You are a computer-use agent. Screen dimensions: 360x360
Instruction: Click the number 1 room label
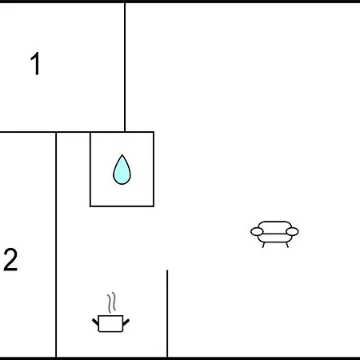coord(35,63)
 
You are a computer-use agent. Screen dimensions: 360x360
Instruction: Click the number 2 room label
coord(10,260)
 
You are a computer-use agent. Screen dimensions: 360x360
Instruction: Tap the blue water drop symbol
coord(122,170)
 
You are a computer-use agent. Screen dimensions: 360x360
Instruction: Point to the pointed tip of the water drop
coord(122,155)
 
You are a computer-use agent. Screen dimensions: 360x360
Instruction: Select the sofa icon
coord(274,234)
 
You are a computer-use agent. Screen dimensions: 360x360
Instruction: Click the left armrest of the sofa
coord(257,232)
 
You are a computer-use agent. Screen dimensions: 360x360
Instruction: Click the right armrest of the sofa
coord(292,232)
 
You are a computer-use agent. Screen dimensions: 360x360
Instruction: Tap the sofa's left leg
coord(263,245)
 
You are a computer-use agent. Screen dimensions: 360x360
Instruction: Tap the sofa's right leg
coord(287,245)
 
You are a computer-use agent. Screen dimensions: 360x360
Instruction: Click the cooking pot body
coord(110,324)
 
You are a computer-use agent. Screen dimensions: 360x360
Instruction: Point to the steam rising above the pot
coord(112,302)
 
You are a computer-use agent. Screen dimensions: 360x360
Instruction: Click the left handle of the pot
coord(95,322)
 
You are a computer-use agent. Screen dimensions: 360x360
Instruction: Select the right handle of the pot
coord(126,322)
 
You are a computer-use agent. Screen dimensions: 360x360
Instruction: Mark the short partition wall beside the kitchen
coord(167,314)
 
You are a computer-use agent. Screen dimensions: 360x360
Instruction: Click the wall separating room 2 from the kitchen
coord(56,245)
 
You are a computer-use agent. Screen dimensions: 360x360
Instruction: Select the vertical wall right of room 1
coord(125,67)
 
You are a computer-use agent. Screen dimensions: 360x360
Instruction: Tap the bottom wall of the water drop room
coord(122,206)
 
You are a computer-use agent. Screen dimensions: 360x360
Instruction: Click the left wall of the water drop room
coord(90,169)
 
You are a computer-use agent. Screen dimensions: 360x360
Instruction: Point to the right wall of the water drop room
coord(154,169)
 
